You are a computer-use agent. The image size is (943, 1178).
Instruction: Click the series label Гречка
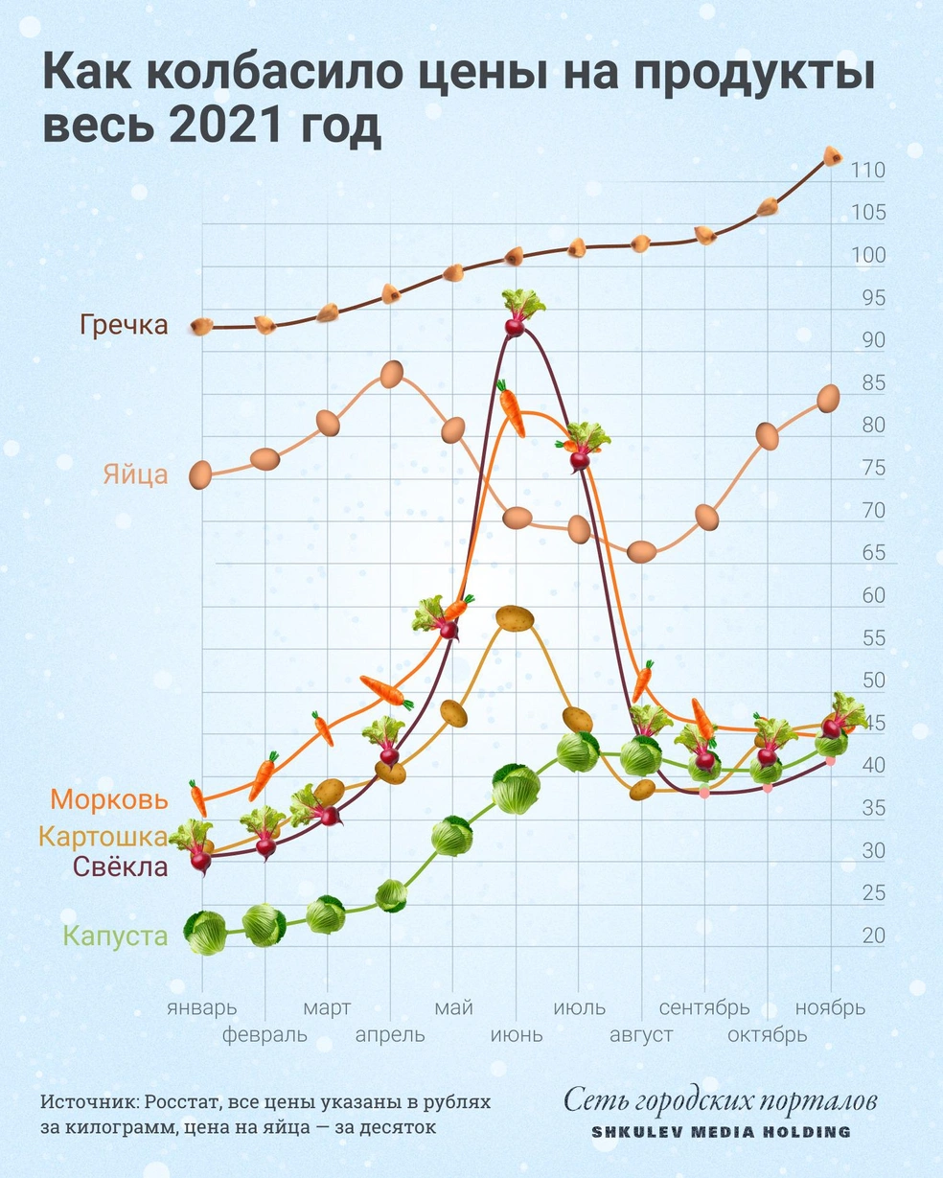[125, 325]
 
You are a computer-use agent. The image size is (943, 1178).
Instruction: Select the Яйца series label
[135, 474]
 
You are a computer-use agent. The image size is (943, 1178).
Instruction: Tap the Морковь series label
[109, 799]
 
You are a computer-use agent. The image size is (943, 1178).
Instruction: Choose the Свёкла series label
[121, 867]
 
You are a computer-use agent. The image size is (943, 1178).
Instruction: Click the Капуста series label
[115, 936]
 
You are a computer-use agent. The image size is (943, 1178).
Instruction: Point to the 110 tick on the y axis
[866, 172]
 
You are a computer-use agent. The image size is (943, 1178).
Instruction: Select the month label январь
[201, 1007]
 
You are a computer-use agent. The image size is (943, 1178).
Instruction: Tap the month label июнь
[516, 1035]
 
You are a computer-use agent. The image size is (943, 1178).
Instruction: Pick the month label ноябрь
[831, 1007]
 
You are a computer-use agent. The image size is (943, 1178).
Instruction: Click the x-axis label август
[641, 1035]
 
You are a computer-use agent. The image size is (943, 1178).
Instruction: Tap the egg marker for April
[391, 374]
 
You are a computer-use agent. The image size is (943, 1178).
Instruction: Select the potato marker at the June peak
[515, 618]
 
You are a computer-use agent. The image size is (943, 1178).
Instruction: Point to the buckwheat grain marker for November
[832, 155]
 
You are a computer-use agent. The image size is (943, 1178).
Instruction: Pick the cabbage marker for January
[206, 933]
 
